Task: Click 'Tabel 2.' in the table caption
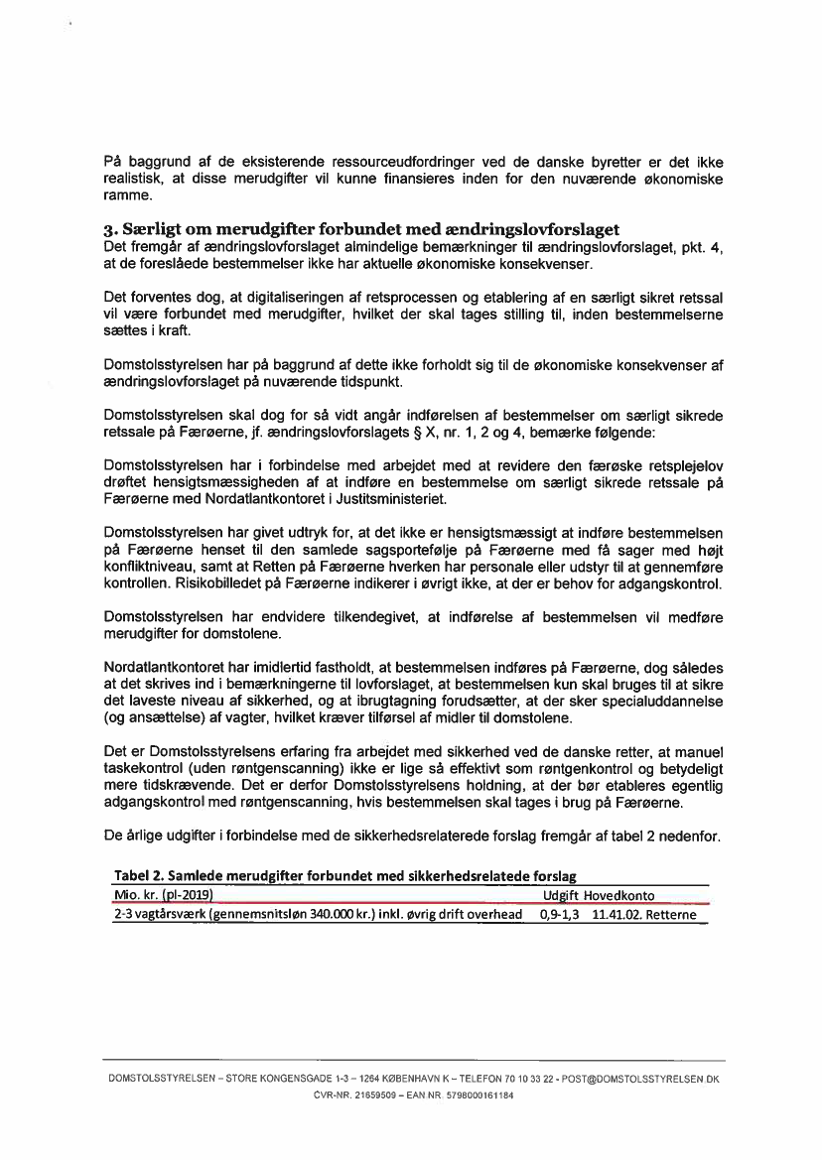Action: [139, 876]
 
